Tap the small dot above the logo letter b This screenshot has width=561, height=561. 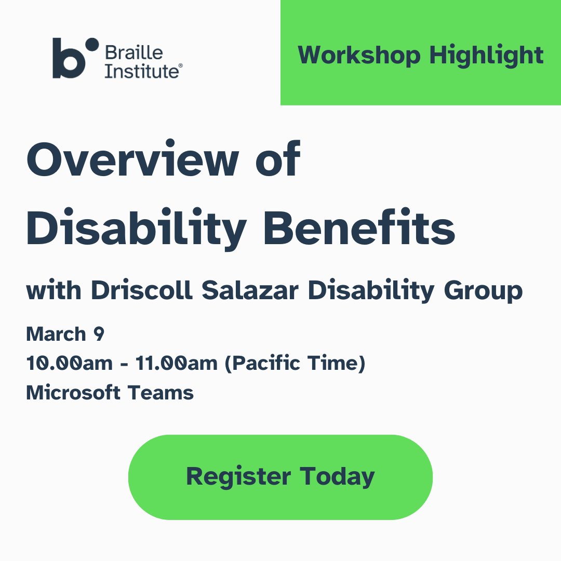[91, 45]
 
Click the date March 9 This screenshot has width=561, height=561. [65, 335]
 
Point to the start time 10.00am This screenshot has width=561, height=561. [69, 364]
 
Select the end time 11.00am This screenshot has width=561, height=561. [176, 364]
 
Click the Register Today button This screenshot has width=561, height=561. [280, 477]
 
